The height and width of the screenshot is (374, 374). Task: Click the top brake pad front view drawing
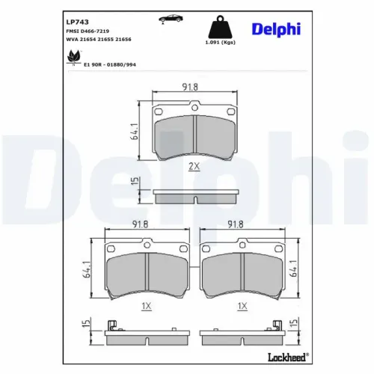(194, 132)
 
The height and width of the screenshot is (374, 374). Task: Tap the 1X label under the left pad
(147, 307)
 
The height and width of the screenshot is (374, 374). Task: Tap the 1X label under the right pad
(242, 307)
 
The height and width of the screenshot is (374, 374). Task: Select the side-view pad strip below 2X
(194, 196)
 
